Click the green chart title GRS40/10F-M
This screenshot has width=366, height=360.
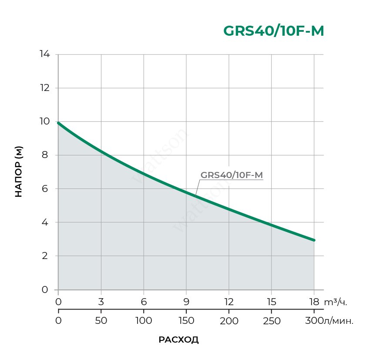coord(273,31)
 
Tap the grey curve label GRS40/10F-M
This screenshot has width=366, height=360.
coord(232,175)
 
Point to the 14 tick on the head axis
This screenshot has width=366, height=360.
coord(45,54)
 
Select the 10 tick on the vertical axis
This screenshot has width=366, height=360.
coord(45,121)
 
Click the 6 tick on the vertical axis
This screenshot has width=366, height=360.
coord(45,189)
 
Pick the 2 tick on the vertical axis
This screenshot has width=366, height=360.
coord(45,256)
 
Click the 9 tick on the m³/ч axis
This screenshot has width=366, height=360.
coord(186,301)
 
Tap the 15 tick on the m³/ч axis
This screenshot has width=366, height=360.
coord(271,301)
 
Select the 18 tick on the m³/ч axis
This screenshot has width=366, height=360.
coord(314,301)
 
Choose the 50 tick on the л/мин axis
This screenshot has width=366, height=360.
coord(101,321)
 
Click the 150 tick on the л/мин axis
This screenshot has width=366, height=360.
coord(186,321)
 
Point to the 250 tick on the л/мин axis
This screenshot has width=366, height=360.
coord(271,321)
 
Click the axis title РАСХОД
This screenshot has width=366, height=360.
coord(178,340)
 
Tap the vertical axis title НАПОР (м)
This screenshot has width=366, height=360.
coord(19,172)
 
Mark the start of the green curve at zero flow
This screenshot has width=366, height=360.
coord(58,123)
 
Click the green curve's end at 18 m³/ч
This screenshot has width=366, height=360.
coord(313,240)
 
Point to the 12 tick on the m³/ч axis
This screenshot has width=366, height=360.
coord(228,301)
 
